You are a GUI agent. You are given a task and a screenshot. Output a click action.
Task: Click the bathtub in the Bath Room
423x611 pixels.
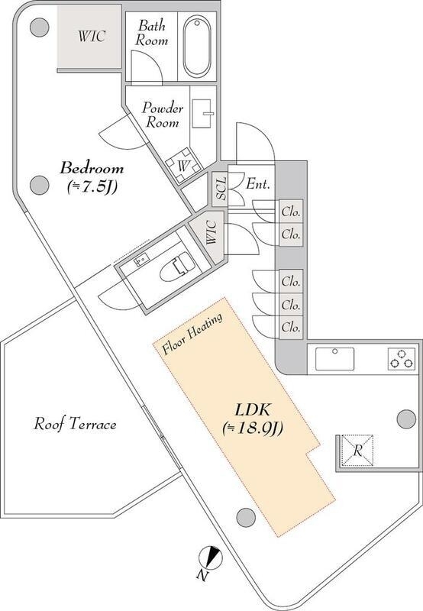pyautogui.click(x=198, y=47)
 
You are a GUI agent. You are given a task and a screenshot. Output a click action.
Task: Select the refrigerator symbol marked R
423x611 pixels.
pyautogui.click(x=357, y=451)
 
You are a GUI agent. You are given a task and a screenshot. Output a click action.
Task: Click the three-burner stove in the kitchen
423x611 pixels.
pyautogui.click(x=401, y=359)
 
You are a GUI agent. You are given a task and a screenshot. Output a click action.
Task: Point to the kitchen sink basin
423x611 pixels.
pyautogui.click(x=334, y=359)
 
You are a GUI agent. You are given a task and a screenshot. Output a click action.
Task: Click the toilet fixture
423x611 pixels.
pyautogui.click(x=177, y=269)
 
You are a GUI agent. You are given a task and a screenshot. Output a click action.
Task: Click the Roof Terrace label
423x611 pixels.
pyautogui.click(x=75, y=424)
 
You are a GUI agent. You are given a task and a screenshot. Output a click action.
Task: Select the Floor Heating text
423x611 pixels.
pyautogui.click(x=192, y=334)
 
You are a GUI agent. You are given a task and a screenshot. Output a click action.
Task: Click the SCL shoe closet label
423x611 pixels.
pyautogui.click(x=221, y=189)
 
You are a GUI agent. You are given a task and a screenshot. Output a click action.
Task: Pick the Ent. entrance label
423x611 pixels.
pyautogui.click(x=258, y=183)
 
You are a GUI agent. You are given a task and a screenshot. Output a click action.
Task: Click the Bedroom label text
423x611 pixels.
pyautogui.click(x=92, y=168)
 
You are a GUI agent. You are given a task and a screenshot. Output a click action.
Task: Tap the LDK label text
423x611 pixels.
pyautogui.click(x=253, y=409)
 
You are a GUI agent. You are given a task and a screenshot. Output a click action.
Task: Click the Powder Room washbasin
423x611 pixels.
pyautogui.click(x=202, y=113)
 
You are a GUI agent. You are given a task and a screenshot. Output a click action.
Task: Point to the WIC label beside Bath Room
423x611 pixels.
pyautogui.click(x=92, y=36)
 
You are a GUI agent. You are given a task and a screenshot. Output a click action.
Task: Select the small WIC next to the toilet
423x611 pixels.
pyautogui.click(x=211, y=232)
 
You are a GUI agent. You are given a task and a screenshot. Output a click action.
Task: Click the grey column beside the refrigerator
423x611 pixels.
pyautogui.click(x=406, y=419)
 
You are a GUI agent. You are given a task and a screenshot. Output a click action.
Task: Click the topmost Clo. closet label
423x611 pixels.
pyautogui.click(x=291, y=212)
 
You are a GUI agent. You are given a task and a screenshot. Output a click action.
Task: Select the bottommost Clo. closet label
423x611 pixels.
pyautogui.click(x=291, y=327)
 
